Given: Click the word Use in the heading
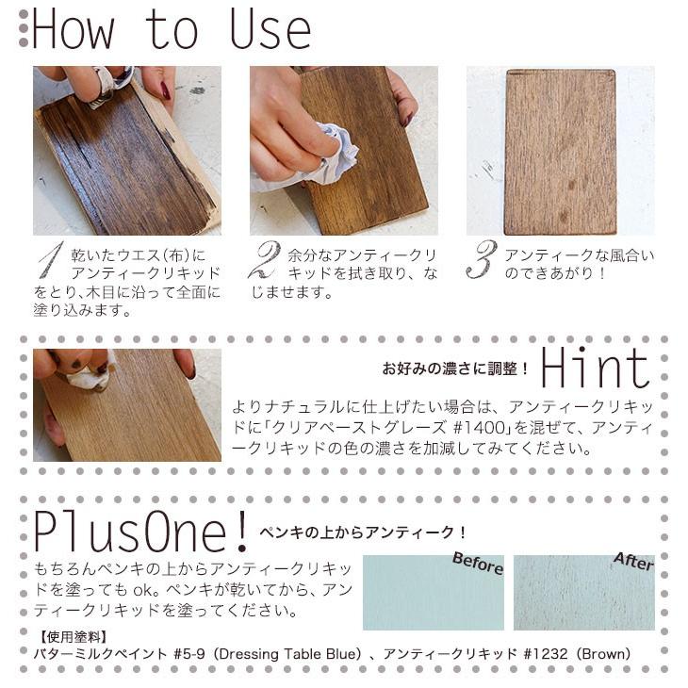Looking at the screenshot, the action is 270,29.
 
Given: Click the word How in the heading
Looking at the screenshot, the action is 74,29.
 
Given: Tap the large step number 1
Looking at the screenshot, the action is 51,259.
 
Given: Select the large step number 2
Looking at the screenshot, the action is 264,259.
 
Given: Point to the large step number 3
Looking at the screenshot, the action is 482,259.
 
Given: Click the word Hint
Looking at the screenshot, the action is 595,368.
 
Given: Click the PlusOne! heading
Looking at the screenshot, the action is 140,532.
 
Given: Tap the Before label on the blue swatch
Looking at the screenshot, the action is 478,563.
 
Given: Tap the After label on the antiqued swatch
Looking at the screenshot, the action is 633,561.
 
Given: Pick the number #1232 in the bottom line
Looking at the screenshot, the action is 546,654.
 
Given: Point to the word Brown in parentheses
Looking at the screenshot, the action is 603,654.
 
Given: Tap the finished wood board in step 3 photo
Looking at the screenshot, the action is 561,152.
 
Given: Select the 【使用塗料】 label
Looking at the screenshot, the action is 74,637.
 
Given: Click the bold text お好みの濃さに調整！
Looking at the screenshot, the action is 455,369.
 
